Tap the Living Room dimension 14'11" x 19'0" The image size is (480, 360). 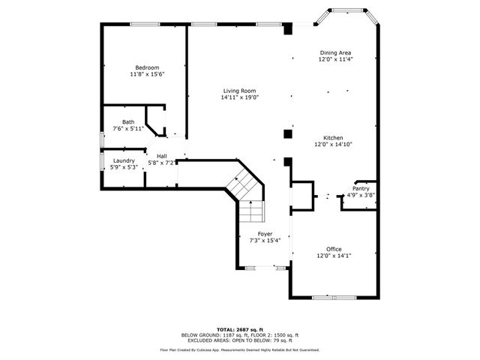click(239, 97)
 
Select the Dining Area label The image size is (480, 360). click(334, 52)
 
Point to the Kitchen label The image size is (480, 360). click(334, 138)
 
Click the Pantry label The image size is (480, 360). click(361, 189)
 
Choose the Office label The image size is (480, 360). click(334, 249)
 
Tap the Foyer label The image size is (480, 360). click(265, 234)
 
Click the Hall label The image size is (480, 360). click(161, 156)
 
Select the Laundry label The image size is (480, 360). click(124, 160)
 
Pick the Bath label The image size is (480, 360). click(128, 122)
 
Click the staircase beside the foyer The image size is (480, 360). click(247, 196)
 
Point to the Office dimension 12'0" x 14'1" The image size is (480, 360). click(334, 256)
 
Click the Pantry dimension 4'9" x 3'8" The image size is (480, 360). click(361, 196)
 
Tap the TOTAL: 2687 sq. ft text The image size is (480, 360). click(239, 329)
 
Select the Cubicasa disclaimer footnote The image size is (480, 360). click(239, 349)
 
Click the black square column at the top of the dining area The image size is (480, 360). click(288, 30)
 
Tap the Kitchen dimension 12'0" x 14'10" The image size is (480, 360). click(334, 145)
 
